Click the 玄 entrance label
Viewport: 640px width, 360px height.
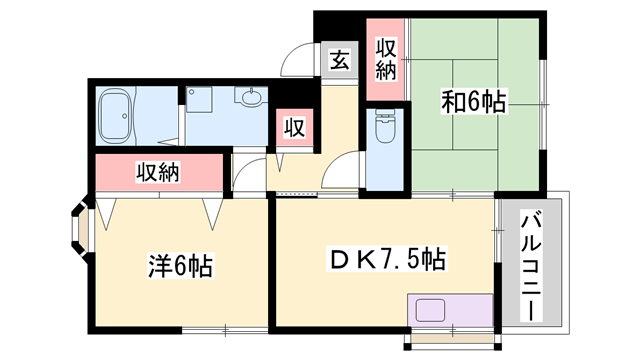click(x=339, y=60)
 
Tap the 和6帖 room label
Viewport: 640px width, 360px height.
click(x=474, y=101)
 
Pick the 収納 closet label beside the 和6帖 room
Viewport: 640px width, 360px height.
click(x=387, y=58)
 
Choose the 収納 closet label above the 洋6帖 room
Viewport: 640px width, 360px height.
click(x=158, y=172)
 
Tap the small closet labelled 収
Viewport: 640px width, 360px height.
click(x=294, y=128)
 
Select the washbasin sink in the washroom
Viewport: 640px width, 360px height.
click(x=250, y=98)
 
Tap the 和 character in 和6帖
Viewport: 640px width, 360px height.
click(x=451, y=101)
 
